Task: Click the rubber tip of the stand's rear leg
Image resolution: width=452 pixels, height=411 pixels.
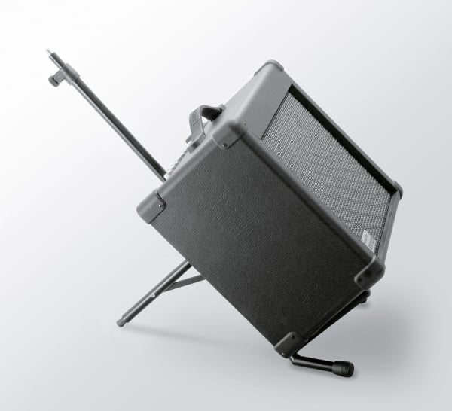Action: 121,322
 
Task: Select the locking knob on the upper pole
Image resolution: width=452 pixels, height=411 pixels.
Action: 53,79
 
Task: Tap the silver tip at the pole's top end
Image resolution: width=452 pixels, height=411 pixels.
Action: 49,53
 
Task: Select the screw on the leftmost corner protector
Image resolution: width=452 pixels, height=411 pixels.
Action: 158,202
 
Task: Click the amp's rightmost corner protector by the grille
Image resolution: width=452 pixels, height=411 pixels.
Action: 395,189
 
